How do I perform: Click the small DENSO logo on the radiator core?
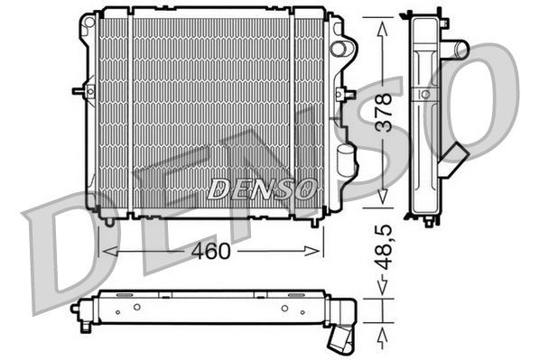click(261, 188)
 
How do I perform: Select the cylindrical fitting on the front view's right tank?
click(343, 163)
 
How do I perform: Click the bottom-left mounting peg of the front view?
click(109, 218)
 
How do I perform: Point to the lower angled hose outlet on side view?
click(459, 155)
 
